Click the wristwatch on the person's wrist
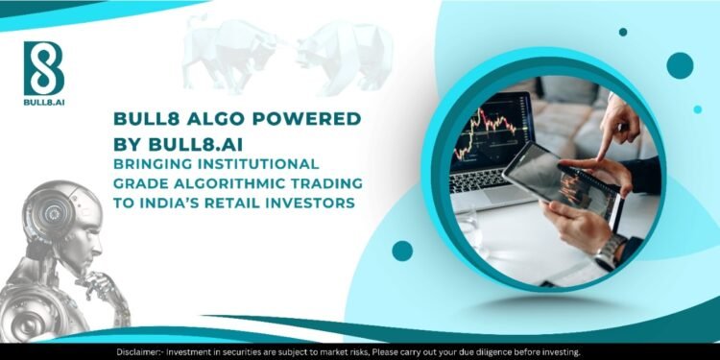(611, 252)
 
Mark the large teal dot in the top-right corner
(679, 65)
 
